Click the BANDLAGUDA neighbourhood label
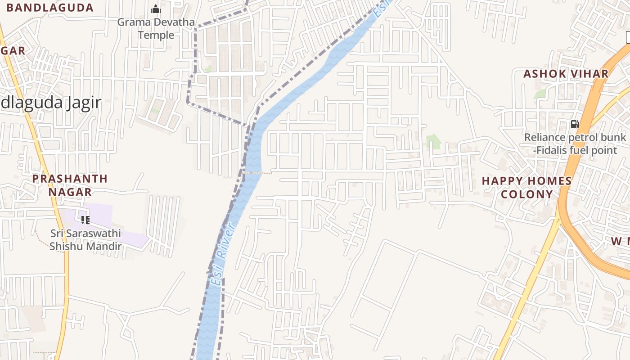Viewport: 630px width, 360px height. pyautogui.click(x=50, y=8)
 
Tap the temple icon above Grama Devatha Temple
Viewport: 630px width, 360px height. pyautogui.click(x=156, y=9)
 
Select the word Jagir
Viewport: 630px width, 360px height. pyautogui.click(x=83, y=103)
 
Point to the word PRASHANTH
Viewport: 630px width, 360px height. pyautogui.click(x=70, y=179)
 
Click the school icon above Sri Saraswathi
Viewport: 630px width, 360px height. pyautogui.click(x=85, y=220)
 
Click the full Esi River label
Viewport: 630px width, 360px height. pyautogui.click(x=222, y=255)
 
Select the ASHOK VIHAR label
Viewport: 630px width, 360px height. pyautogui.click(x=566, y=74)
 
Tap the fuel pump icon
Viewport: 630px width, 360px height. pyautogui.click(x=575, y=124)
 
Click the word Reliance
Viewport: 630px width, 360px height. pyautogui.click(x=544, y=137)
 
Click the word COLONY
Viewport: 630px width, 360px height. pyautogui.click(x=526, y=194)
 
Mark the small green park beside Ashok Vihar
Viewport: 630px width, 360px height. pyautogui.click(x=540, y=94)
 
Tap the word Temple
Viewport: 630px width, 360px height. pyautogui.click(x=156, y=35)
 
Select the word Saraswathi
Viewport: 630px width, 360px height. pyautogui.click(x=92, y=233)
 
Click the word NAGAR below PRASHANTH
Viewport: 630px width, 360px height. pyautogui.click(x=70, y=192)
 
